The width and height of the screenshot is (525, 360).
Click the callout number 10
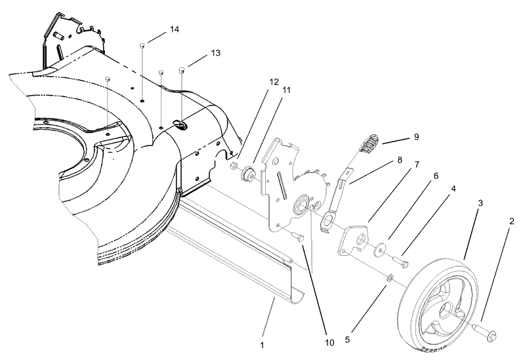pos(328,342)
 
